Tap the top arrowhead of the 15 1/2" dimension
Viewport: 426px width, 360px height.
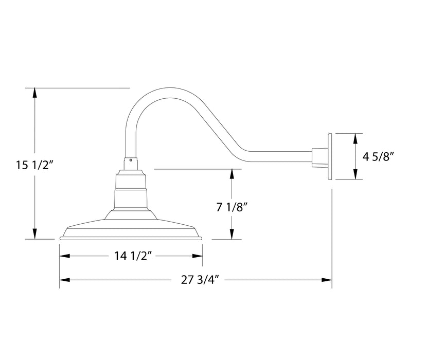click(34, 93)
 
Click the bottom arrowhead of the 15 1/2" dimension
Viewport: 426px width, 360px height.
click(34, 235)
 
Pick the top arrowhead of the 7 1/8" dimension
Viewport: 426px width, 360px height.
click(233, 173)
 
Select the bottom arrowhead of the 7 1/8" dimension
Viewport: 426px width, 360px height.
click(233, 235)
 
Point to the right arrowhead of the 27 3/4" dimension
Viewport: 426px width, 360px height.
click(326, 280)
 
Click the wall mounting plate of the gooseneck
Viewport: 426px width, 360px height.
click(330, 156)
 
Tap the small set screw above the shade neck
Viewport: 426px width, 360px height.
click(131, 160)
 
